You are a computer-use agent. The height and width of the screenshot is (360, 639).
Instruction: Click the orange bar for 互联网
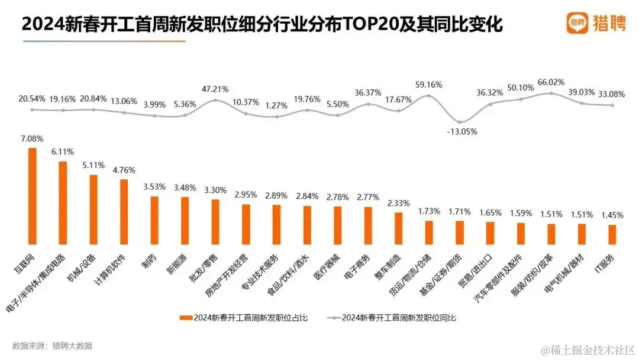click(33, 196)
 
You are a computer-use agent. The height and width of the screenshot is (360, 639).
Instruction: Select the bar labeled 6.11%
click(63, 202)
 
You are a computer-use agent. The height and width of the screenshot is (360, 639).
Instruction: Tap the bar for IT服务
click(612, 234)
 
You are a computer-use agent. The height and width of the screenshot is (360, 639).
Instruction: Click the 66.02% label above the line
click(550, 82)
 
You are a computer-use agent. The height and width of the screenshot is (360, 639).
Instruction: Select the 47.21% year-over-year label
click(215, 89)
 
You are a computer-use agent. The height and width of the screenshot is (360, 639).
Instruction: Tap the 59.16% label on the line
click(429, 85)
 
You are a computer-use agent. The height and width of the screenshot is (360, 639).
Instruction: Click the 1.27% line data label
click(276, 106)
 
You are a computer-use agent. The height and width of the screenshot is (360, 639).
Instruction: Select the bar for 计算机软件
click(124, 211)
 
